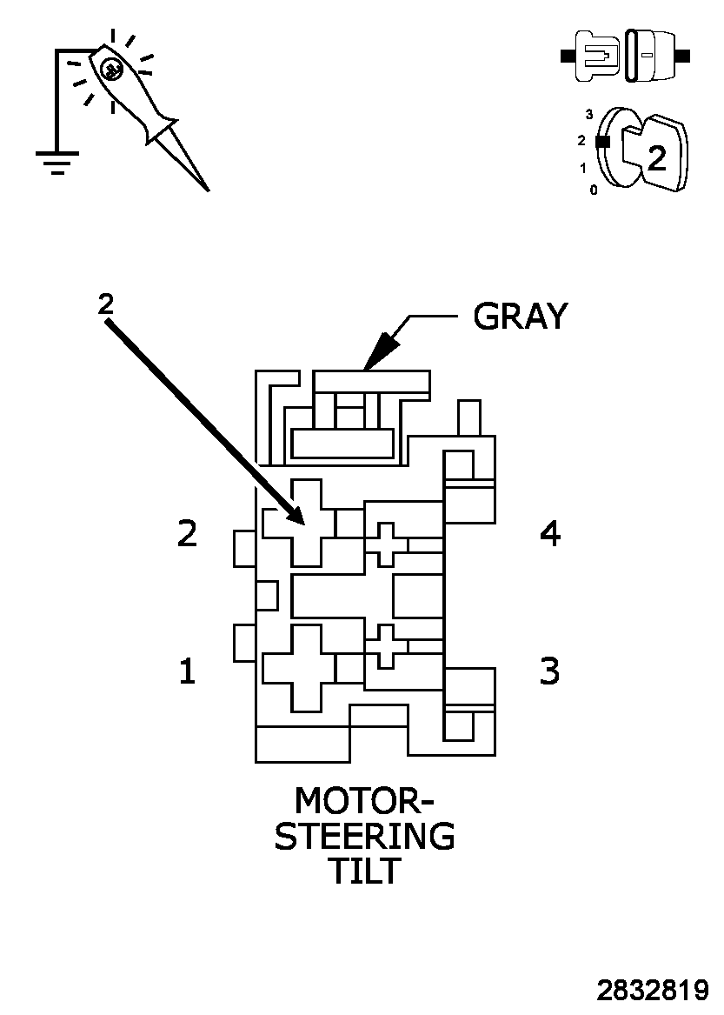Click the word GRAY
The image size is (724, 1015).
click(520, 317)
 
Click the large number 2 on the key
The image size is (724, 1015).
click(657, 157)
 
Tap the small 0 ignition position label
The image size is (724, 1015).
click(594, 190)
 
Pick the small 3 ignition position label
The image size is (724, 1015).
click(589, 114)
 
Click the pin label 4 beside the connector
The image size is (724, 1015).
click(550, 533)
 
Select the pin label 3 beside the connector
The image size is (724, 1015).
click(550, 671)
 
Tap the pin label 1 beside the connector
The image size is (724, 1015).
click(187, 671)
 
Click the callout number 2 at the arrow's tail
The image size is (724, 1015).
click(105, 304)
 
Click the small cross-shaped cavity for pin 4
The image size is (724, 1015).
click(385, 544)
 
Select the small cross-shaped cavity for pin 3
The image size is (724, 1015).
click(385, 646)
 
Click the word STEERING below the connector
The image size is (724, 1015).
click(364, 836)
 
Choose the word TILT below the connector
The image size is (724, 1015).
click(364, 871)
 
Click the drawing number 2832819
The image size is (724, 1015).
click(652, 991)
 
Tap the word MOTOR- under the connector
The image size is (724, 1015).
click(364, 799)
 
